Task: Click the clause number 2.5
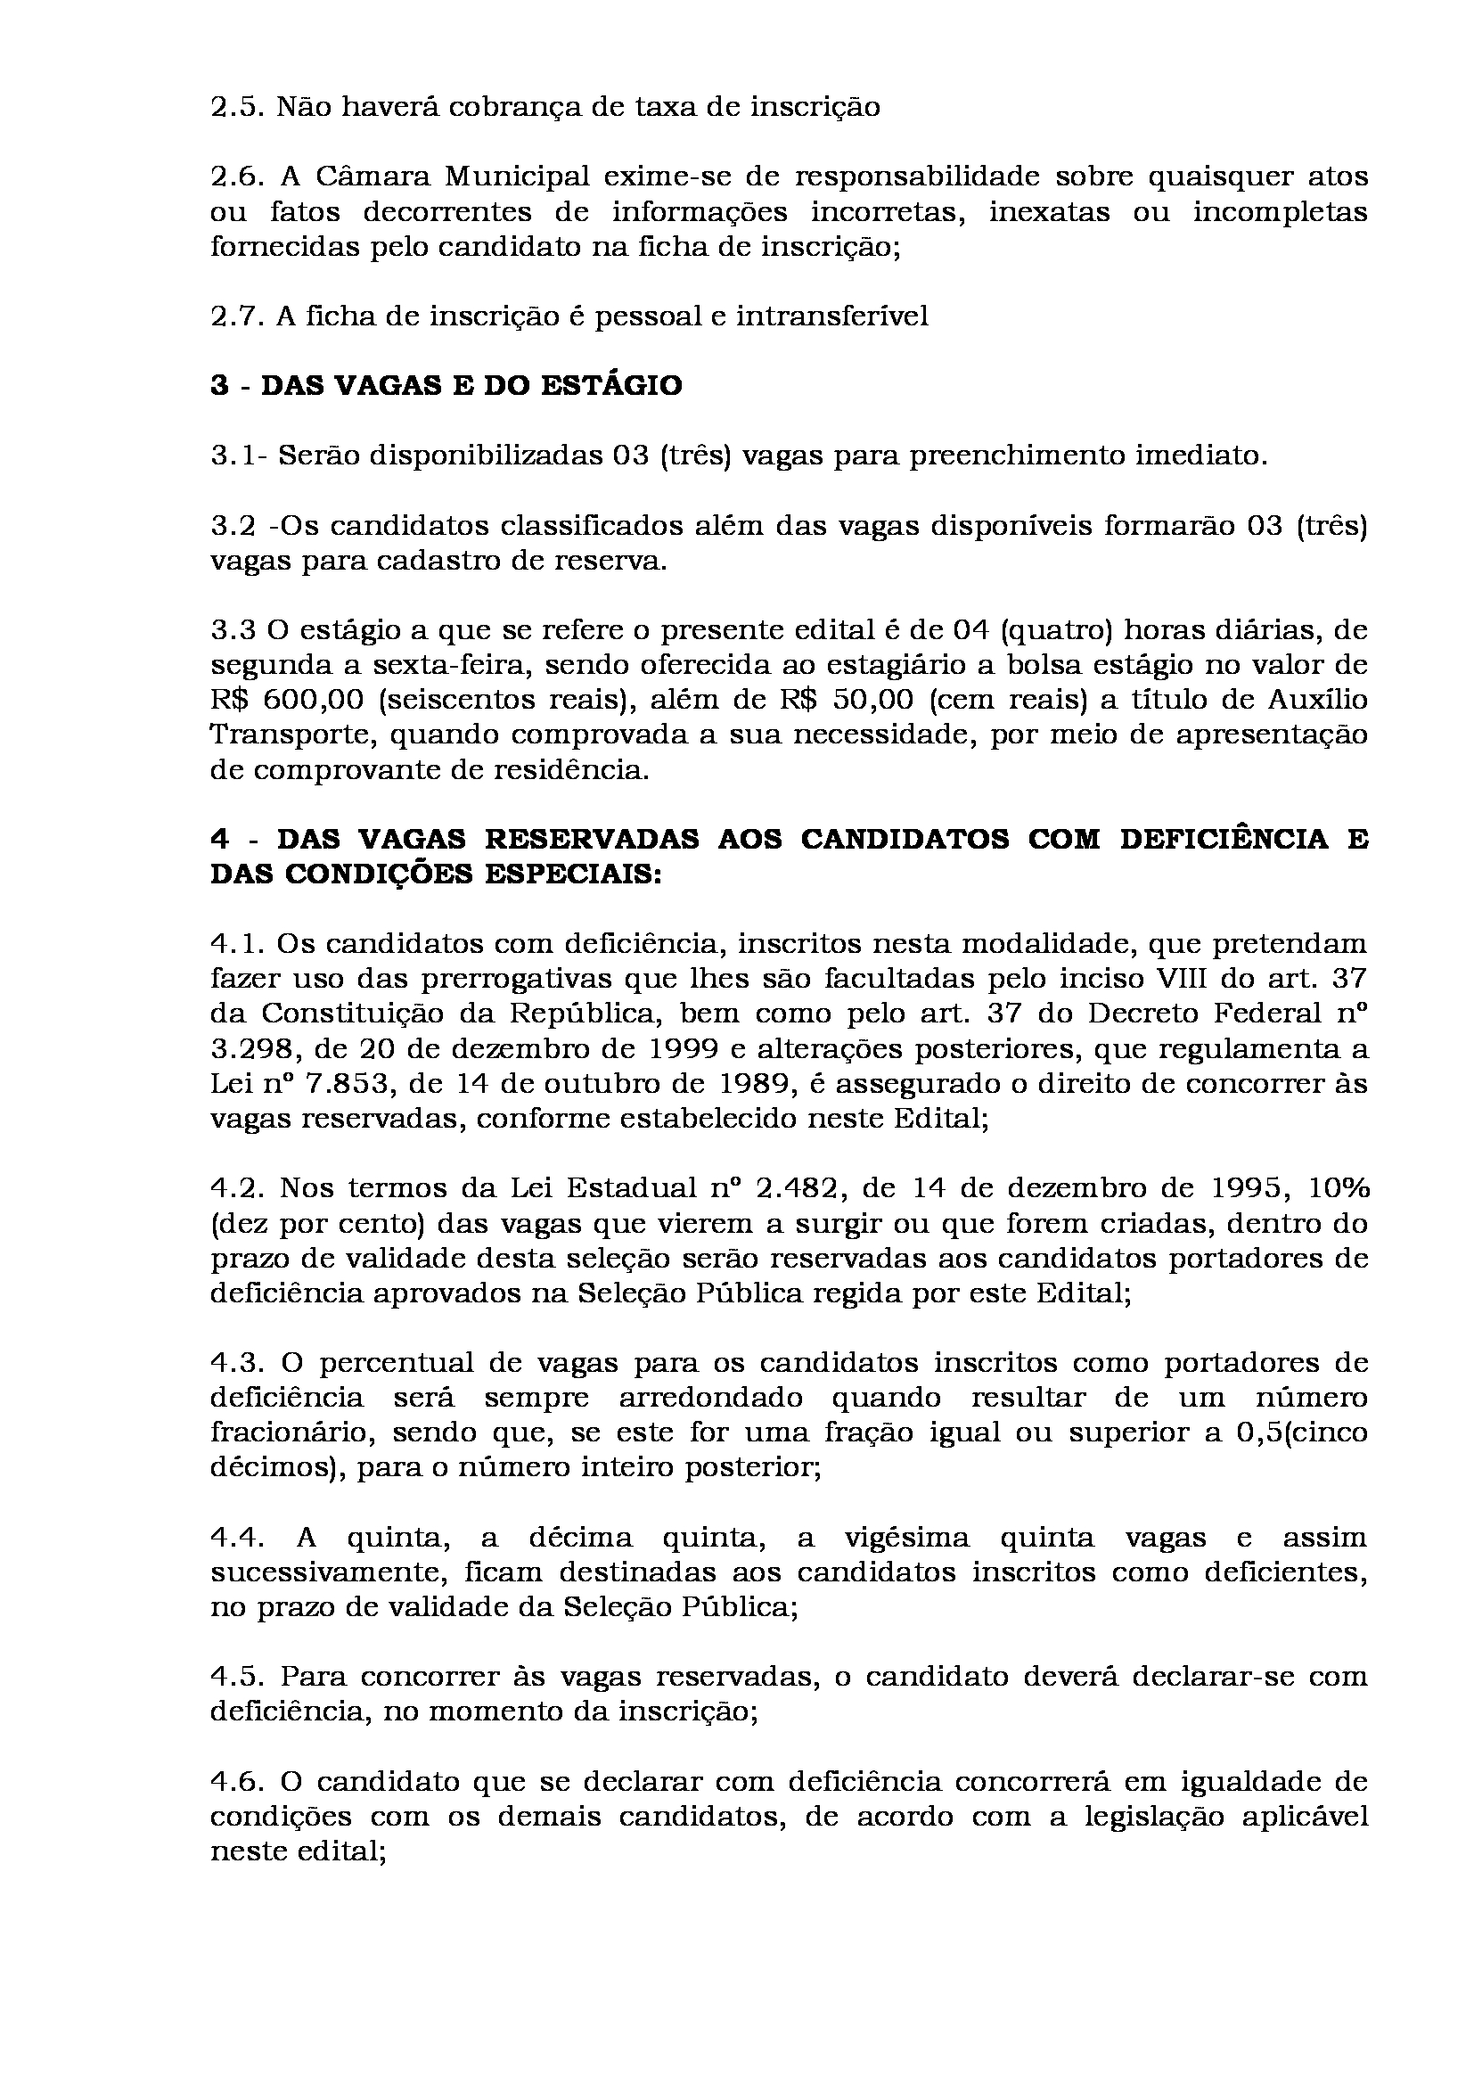point(236,108)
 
